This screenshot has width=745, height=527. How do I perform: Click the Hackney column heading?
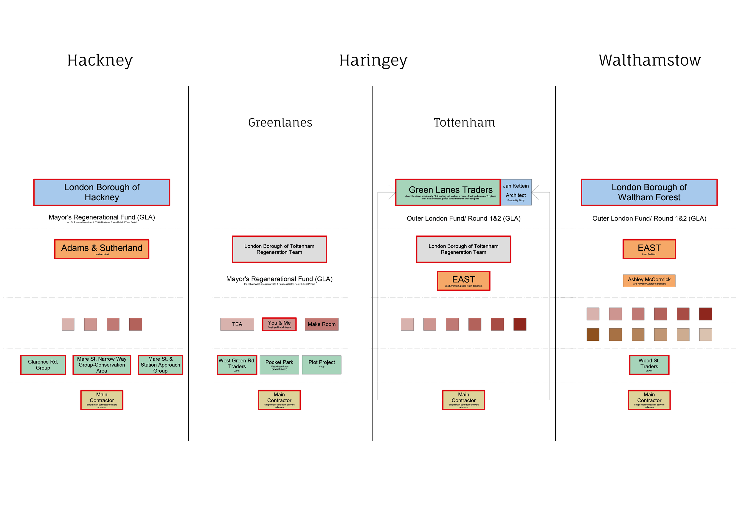[x=100, y=60]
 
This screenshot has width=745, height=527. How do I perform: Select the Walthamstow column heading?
[x=649, y=60]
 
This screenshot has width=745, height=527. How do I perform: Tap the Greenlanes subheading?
[x=280, y=123]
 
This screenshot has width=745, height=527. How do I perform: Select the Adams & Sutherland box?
[x=102, y=249]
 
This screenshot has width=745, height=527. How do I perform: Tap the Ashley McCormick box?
[x=649, y=281]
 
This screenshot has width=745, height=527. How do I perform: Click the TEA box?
[x=237, y=324]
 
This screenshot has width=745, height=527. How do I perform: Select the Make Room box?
[x=322, y=324]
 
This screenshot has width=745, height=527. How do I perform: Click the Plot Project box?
[x=322, y=365]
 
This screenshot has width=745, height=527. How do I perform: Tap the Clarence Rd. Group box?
[x=43, y=365]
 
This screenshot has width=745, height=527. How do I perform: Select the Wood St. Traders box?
[x=649, y=365]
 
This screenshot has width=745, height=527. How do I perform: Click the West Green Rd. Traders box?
[x=237, y=365]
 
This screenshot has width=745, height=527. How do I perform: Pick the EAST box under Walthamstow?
[x=649, y=249]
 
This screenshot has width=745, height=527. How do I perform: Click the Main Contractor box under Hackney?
[x=102, y=400]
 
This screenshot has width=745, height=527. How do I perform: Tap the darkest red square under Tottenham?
[x=520, y=324]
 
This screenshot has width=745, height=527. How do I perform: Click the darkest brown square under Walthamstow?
[x=593, y=334]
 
